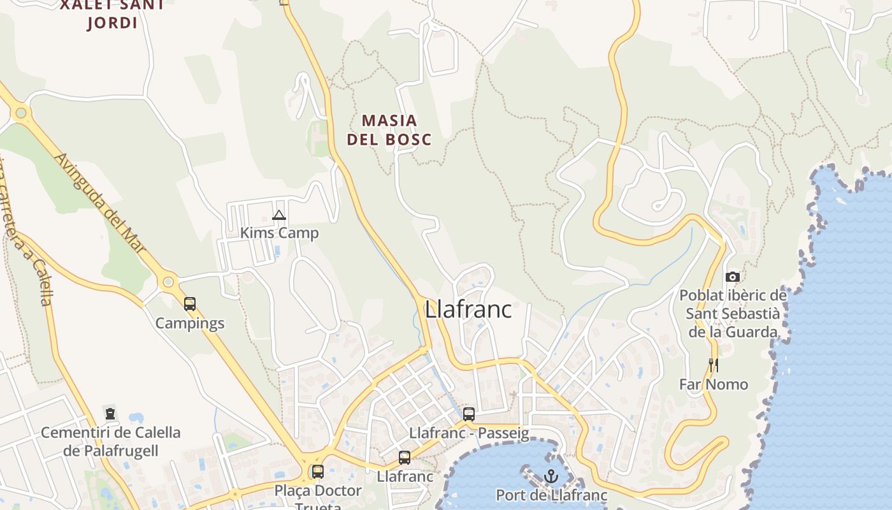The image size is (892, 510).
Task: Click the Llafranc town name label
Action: pyautogui.click(x=468, y=309)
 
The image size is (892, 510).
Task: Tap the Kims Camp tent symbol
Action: pyautogui.click(x=278, y=215)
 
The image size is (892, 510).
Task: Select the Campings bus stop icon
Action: pyautogui.click(x=190, y=304)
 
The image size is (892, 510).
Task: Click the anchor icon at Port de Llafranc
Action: pyautogui.click(x=551, y=476)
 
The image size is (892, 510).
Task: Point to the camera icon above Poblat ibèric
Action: pyautogui.click(x=733, y=277)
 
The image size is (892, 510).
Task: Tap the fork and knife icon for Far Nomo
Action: pyautogui.click(x=713, y=365)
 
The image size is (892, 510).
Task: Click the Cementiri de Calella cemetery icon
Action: pyautogui.click(x=110, y=414)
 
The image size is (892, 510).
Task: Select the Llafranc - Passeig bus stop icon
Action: pyautogui.click(x=469, y=414)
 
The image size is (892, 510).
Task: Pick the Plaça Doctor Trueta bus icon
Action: pyautogui.click(x=317, y=472)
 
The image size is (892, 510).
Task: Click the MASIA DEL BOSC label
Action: pyautogui.click(x=389, y=129)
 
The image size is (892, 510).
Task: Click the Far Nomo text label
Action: pyautogui.click(x=714, y=384)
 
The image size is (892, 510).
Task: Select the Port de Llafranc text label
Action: pyautogui.click(x=552, y=495)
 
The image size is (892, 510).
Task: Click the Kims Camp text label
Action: pyautogui.click(x=279, y=233)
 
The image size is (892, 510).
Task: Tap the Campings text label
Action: pyautogui.click(x=190, y=323)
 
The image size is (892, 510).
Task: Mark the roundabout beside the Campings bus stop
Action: pyautogui.click(x=168, y=281)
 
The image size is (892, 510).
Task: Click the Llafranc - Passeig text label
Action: pyautogui.click(x=469, y=433)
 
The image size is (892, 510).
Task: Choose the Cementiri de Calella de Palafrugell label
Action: pyautogui.click(x=110, y=441)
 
